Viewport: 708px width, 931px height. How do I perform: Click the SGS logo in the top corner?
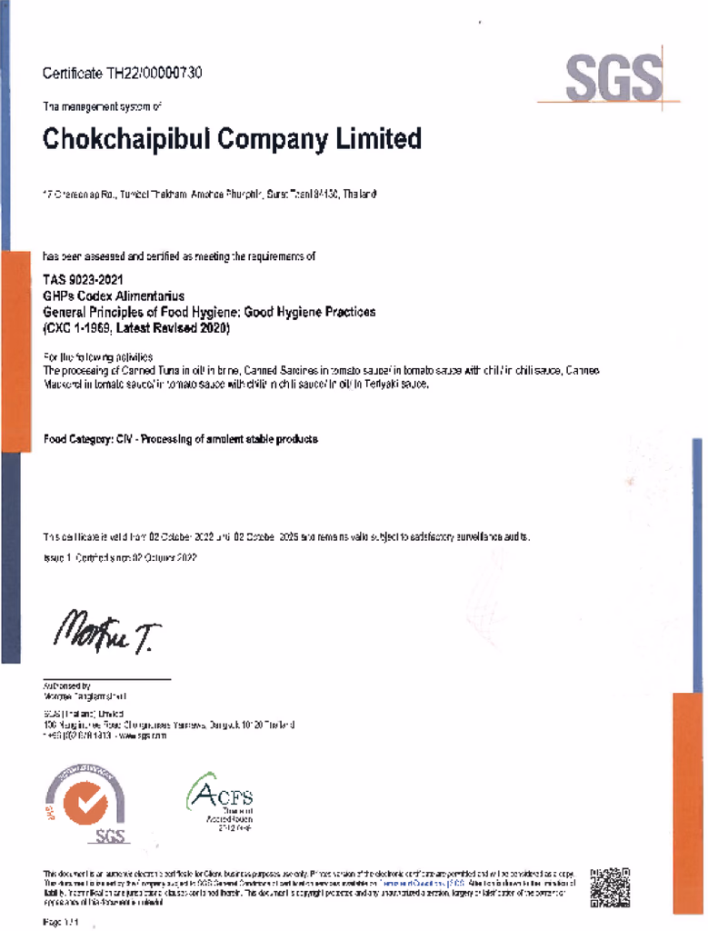tap(613, 78)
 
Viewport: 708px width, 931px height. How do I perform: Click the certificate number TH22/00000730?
tap(155, 73)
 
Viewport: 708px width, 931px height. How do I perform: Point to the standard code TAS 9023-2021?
tap(83, 280)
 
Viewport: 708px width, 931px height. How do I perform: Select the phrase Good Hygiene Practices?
tap(310, 312)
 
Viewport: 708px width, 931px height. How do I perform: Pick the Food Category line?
tap(181, 439)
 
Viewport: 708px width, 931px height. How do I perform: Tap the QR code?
tap(609, 887)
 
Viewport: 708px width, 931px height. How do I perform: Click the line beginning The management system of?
tap(103, 107)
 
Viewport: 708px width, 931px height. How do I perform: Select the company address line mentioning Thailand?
tap(210, 195)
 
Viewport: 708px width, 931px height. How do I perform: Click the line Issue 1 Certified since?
tap(120, 556)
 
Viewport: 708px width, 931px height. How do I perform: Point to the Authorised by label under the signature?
tap(67, 686)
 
